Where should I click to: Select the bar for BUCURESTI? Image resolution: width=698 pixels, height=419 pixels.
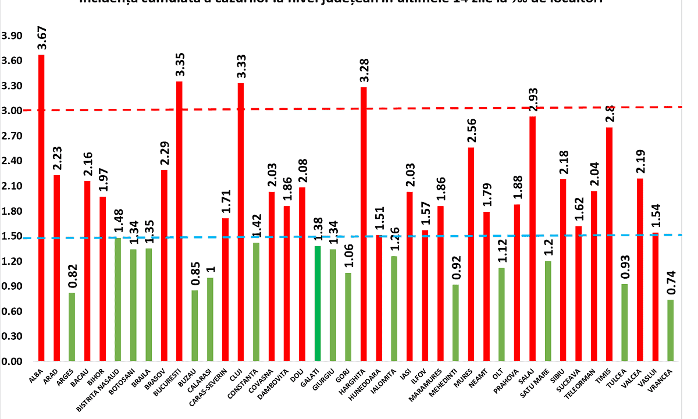coord(179,221)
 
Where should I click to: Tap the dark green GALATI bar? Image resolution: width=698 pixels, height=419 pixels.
coord(317,303)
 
